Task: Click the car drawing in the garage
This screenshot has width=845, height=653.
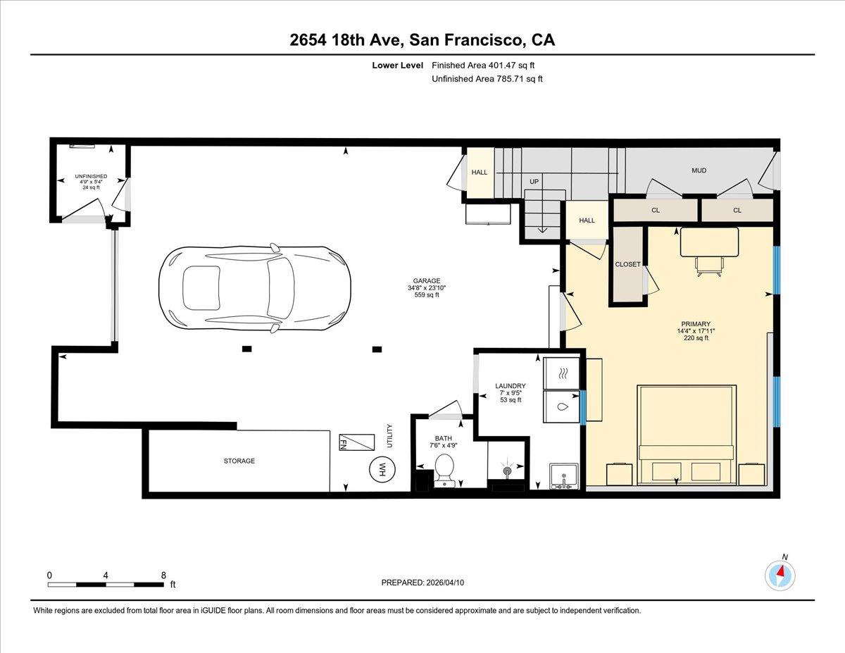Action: tap(255, 289)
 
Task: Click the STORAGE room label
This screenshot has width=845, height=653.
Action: tap(239, 461)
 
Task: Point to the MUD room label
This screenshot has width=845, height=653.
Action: tap(699, 170)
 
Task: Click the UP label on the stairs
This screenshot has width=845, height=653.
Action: tap(534, 182)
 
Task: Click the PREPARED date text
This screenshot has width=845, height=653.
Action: tap(423, 583)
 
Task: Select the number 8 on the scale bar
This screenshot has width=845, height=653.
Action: tap(163, 575)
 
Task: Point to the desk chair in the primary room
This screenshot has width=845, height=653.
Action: tap(709, 265)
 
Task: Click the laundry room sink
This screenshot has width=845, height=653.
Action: tap(563, 476)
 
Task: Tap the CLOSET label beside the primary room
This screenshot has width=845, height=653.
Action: tap(627, 264)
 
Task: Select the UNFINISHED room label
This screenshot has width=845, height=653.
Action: tap(92, 176)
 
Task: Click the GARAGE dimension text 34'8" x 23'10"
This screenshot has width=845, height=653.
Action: tap(427, 287)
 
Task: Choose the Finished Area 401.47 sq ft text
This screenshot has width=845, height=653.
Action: tap(488, 65)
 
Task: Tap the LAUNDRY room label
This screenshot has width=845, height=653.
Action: tap(510, 385)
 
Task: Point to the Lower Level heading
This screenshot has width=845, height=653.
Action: tap(398, 65)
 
